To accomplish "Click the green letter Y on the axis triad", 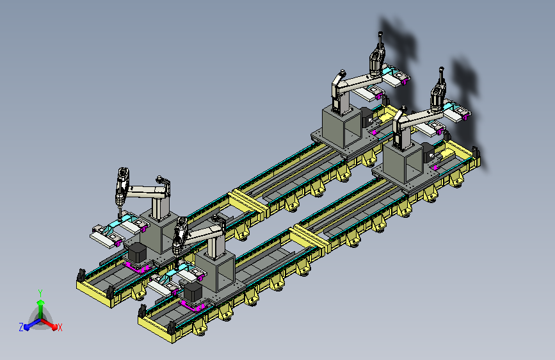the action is point(40,293).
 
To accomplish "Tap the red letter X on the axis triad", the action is point(60,327).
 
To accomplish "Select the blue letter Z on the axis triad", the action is point(21,327).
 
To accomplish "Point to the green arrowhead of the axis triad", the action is point(41,303).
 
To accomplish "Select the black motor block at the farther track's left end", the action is point(138,253).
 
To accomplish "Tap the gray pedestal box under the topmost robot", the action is point(342,128).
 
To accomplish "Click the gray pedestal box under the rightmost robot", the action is point(403,163).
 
